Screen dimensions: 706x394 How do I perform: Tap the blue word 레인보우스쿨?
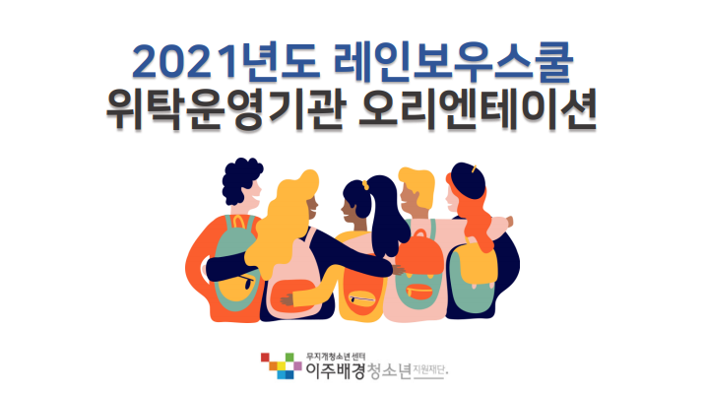click(x=453, y=62)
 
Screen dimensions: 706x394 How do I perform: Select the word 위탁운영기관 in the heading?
click(x=226, y=110)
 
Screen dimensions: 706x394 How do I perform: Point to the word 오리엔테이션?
click(x=478, y=110)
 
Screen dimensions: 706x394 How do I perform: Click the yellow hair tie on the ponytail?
click(x=365, y=184)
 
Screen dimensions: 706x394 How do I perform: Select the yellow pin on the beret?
click(x=475, y=169)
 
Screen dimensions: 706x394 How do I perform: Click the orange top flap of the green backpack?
click(x=421, y=252)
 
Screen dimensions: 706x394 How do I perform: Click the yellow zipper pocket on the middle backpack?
click(x=361, y=299)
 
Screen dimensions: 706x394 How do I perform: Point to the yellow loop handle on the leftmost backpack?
click(x=238, y=222)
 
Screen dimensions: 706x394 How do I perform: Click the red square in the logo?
click(x=265, y=358)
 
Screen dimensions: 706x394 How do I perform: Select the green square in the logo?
click(x=289, y=358)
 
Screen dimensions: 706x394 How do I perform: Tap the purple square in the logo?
click(x=297, y=365)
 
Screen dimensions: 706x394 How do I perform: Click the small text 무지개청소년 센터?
click(x=336, y=358)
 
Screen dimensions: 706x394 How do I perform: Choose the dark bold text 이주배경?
click(x=336, y=371)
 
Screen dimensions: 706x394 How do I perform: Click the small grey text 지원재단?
click(x=430, y=371)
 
